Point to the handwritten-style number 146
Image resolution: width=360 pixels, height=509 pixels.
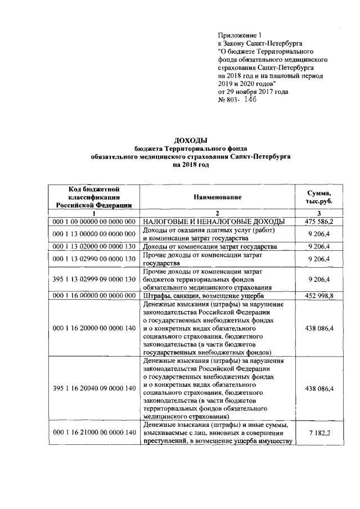(x=247, y=99)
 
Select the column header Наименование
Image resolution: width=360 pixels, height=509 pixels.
(x=218, y=197)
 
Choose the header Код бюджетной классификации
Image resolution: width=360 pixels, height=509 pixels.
(x=94, y=197)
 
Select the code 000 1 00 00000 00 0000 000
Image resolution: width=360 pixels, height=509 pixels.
(x=94, y=222)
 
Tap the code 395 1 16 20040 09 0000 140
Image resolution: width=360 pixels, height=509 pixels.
(x=94, y=389)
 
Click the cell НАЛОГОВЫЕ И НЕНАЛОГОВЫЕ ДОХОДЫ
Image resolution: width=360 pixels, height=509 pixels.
(x=213, y=222)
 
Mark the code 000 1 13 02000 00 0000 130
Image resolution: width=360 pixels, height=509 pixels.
(x=94, y=247)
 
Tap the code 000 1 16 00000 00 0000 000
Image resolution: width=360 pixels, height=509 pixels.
(x=94, y=296)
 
